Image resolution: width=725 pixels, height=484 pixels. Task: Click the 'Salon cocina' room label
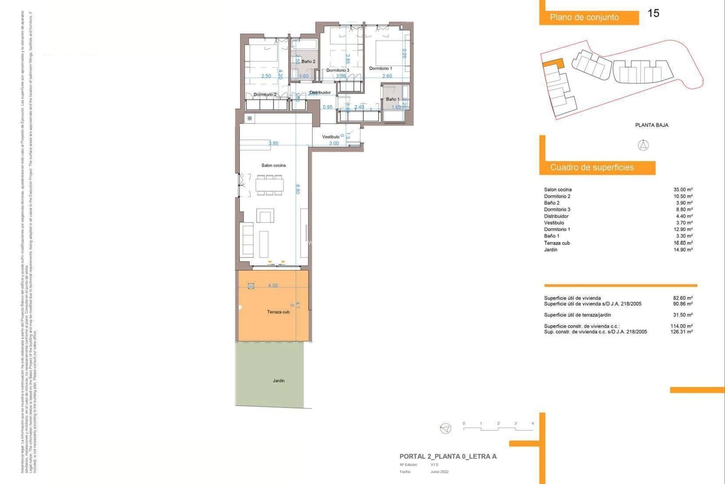(x=273, y=165)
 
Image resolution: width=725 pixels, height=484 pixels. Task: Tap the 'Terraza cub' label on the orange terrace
(x=278, y=312)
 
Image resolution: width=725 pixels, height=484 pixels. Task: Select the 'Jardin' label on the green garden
(x=279, y=381)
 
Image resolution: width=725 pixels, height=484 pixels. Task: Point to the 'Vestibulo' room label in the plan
(x=330, y=137)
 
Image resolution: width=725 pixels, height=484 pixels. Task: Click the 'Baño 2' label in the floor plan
(x=308, y=61)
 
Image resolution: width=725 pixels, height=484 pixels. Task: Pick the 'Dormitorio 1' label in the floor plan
(x=380, y=68)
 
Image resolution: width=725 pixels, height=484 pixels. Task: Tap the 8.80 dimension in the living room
(x=298, y=189)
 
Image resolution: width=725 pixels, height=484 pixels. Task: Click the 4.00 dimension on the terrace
(x=273, y=285)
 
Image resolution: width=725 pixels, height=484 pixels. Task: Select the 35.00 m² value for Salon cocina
(x=683, y=189)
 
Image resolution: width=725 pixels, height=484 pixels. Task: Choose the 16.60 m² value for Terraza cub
(x=683, y=243)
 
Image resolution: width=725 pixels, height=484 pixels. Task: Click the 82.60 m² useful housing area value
(x=683, y=298)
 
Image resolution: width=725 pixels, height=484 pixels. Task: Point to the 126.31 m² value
(x=682, y=332)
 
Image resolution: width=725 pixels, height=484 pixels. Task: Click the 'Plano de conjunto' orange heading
(x=584, y=17)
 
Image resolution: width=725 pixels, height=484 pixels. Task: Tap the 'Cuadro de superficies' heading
(x=592, y=168)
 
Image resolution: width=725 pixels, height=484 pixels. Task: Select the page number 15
(x=653, y=13)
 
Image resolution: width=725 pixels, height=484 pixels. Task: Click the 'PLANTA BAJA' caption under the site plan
(x=651, y=125)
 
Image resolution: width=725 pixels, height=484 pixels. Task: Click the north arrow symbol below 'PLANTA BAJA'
(x=643, y=145)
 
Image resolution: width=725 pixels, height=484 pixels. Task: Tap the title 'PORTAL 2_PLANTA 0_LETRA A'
(x=448, y=456)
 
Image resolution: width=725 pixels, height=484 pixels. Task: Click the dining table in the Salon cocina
(x=270, y=185)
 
